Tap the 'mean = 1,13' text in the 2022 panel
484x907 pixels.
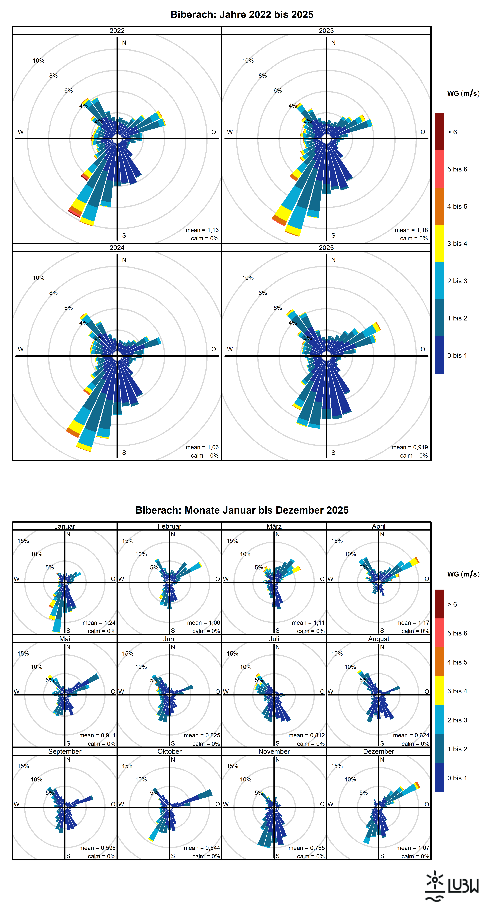[202, 230]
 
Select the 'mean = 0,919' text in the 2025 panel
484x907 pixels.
[410, 447]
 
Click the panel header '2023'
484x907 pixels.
[326, 31]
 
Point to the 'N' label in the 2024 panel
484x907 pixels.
[124, 260]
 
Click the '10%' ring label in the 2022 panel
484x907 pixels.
[39, 61]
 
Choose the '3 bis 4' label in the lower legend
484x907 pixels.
[457, 691]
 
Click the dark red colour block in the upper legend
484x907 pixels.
[440, 132]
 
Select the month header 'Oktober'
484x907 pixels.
[169, 751]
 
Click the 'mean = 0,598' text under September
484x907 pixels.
[97, 848]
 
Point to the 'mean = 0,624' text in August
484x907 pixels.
[411, 735]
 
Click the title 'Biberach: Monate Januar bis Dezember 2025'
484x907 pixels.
[242, 510]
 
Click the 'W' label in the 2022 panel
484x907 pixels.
[21, 132]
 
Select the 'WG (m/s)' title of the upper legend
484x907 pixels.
[463, 93]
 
